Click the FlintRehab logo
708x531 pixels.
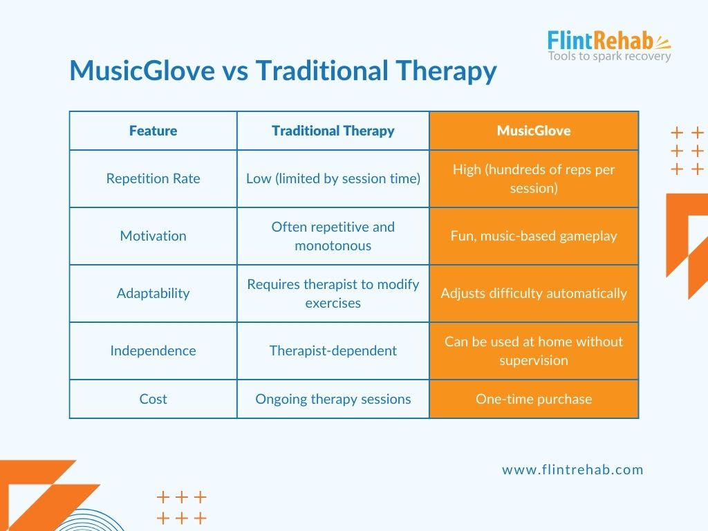click(x=609, y=46)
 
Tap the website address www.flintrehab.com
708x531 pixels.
click(x=572, y=469)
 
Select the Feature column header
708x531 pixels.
click(x=153, y=131)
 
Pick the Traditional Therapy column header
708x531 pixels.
click(x=333, y=131)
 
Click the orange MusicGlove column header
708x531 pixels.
click(x=534, y=131)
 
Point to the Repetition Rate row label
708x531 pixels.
click(x=153, y=178)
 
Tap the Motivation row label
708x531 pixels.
click(x=153, y=236)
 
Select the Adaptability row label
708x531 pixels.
click(x=153, y=293)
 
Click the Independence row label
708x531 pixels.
click(x=153, y=351)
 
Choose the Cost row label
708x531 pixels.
click(x=153, y=399)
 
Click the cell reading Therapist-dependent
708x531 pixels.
click(x=333, y=351)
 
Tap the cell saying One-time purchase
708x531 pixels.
click(x=534, y=399)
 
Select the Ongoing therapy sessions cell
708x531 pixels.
click(x=333, y=399)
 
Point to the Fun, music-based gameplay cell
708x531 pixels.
click(x=534, y=236)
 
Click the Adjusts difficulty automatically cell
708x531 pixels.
click(x=534, y=293)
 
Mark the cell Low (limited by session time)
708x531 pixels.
click(x=333, y=178)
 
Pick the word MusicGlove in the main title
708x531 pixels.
click(x=142, y=71)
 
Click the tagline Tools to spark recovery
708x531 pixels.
click(x=609, y=56)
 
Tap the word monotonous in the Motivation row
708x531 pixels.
click(x=333, y=245)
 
